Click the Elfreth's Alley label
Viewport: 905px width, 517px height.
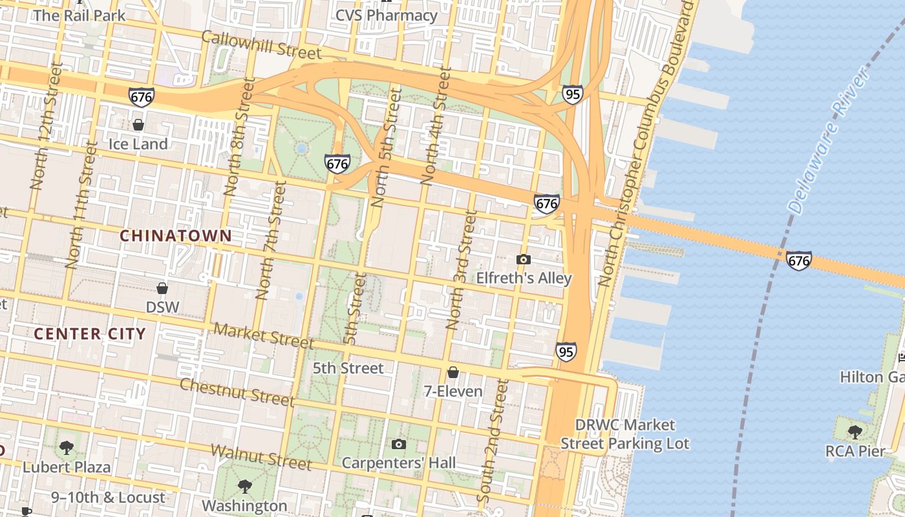point(524,278)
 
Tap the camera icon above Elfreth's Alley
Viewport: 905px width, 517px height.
point(523,260)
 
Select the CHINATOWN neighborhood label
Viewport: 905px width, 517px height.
point(176,236)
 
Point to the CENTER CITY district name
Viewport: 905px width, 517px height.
point(90,334)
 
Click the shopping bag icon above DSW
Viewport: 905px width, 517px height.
point(162,288)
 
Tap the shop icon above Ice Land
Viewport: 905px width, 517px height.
point(138,125)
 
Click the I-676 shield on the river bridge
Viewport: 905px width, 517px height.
point(799,260)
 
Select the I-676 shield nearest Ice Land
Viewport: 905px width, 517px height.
point(141,97)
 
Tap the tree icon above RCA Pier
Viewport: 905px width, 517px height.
point(855,432)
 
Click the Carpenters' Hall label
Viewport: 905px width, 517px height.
point(398,463)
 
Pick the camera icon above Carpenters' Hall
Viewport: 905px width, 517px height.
point(399,444)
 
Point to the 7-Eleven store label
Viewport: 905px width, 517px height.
point(453,391)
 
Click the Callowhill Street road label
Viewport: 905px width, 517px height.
point(261,45)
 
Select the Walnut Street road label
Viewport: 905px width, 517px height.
point(261,456)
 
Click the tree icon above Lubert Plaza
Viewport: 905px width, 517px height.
point(66,448)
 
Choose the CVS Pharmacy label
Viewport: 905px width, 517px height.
point(387,15)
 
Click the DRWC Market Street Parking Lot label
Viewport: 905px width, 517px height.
point(624,434)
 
